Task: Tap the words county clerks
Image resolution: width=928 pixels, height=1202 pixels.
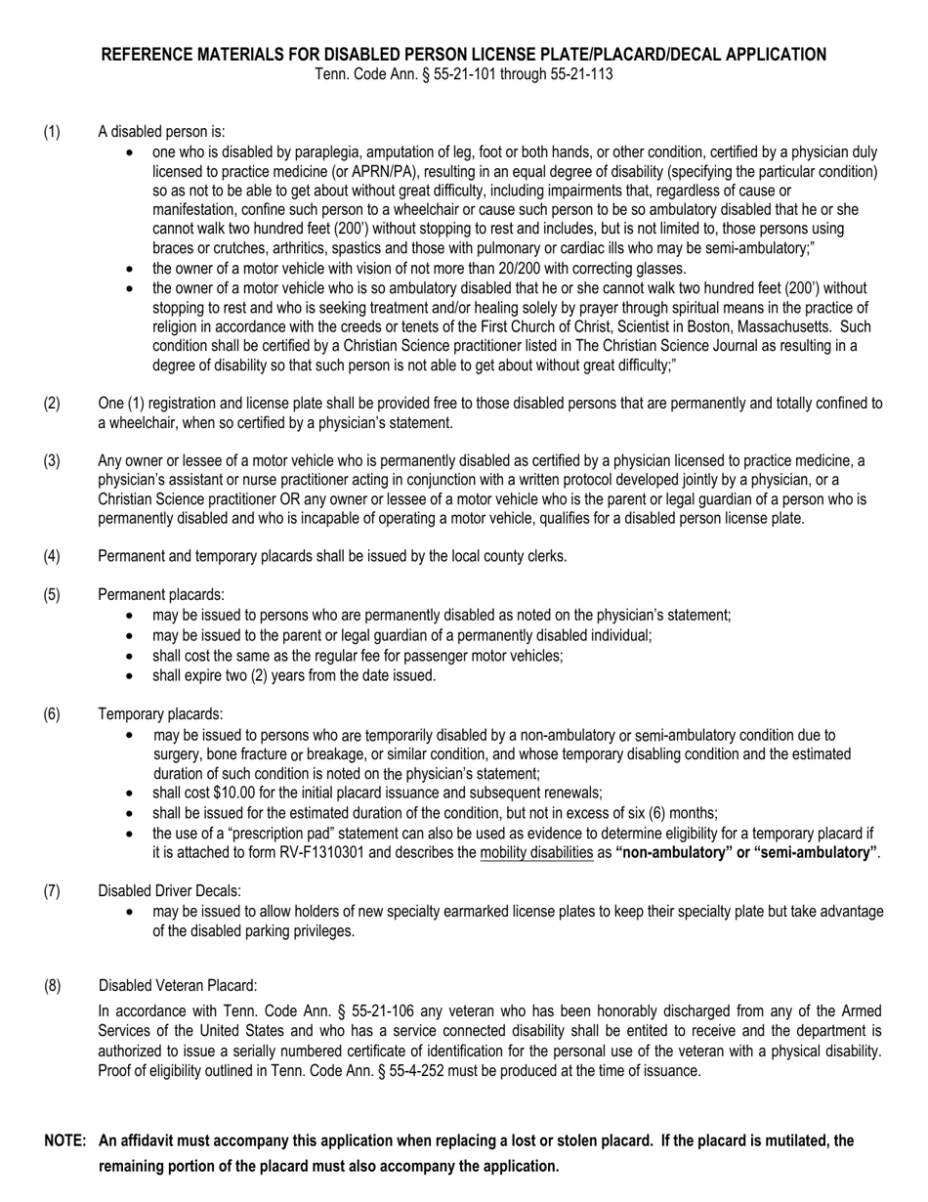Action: (x=522, y=556)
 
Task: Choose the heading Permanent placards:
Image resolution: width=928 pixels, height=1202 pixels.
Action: (x=161, y=594)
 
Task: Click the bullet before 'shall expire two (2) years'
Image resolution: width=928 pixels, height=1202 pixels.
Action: (x=132, y=676)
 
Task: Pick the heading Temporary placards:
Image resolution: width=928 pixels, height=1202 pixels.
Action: (x=160, y=714)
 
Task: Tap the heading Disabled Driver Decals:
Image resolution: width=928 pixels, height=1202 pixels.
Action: (x=170, y=890)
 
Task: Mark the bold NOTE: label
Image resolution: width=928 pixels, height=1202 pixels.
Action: (x=65, y=1140)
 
